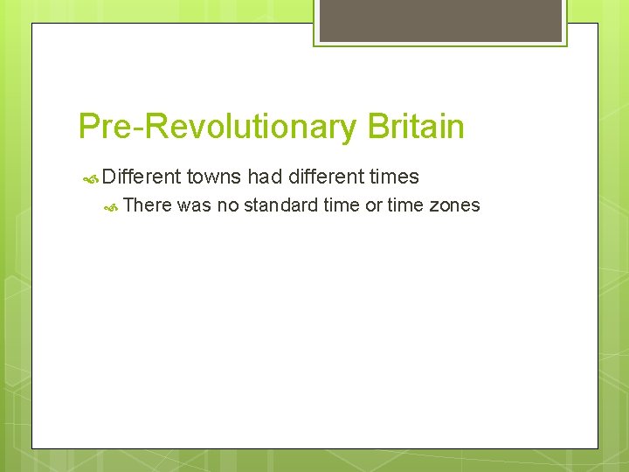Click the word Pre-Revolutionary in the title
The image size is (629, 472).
(218, 128)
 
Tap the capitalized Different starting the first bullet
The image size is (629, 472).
(142, 177)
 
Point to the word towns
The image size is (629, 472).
(214, 177)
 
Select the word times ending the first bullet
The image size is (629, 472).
(394, 177)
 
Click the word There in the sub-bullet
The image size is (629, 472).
(148, 205)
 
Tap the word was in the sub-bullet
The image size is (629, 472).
(194, 205)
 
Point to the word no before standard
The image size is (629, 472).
(227, 205)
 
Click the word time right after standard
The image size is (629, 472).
(341, 205)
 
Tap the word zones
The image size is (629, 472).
(454, 205)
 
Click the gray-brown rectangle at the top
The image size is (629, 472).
(439, 20)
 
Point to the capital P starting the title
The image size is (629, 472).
(88, 128)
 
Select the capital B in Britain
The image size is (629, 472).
(377, 128)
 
